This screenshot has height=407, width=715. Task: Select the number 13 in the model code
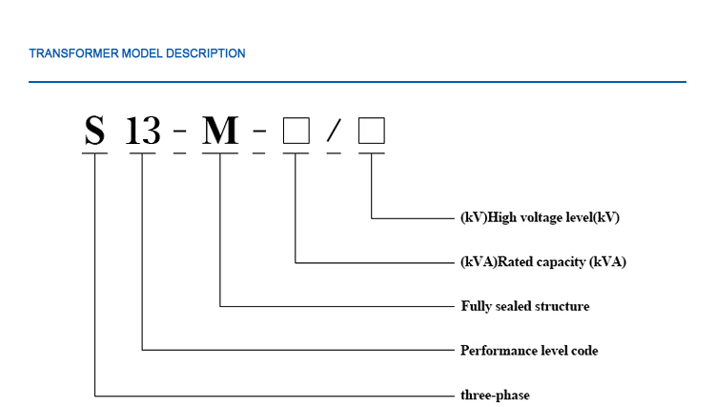[x=143, y=130]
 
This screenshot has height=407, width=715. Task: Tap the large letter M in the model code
[x=220, y=130]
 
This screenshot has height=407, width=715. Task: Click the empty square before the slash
[x=296, y=131]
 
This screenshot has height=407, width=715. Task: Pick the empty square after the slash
[x=371, y=131]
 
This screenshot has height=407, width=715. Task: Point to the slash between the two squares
[x=334, y=132]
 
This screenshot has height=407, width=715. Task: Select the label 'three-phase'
[x=495, y=395]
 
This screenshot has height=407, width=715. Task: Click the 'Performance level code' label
[x=529, y=350]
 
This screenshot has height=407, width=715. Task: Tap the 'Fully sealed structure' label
[x=524, y=306]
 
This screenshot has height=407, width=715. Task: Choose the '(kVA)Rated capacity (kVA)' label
[x=542, y=261]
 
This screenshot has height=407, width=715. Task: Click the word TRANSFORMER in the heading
[x=74, y=53]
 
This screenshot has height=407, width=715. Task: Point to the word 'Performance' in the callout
[x=494, y=350]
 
